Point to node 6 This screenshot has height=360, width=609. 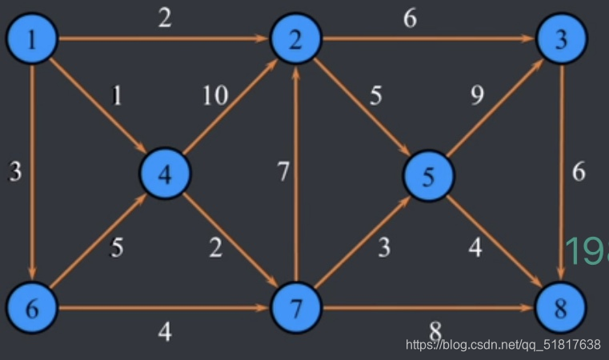tap(31, 308)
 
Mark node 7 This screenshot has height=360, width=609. tap(296, 308)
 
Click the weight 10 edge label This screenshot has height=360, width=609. tap(214, 95)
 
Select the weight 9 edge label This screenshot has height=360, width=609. tap(477, 96)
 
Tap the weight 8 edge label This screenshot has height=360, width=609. tap(435, 330)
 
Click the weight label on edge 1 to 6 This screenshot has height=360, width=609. tap(14, 171)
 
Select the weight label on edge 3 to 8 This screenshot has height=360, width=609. tap(579, 171)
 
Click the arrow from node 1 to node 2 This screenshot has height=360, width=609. tap(164, 38)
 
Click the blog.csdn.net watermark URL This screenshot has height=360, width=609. tap(503, 345)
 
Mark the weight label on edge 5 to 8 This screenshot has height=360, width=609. tap(476, 248)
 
